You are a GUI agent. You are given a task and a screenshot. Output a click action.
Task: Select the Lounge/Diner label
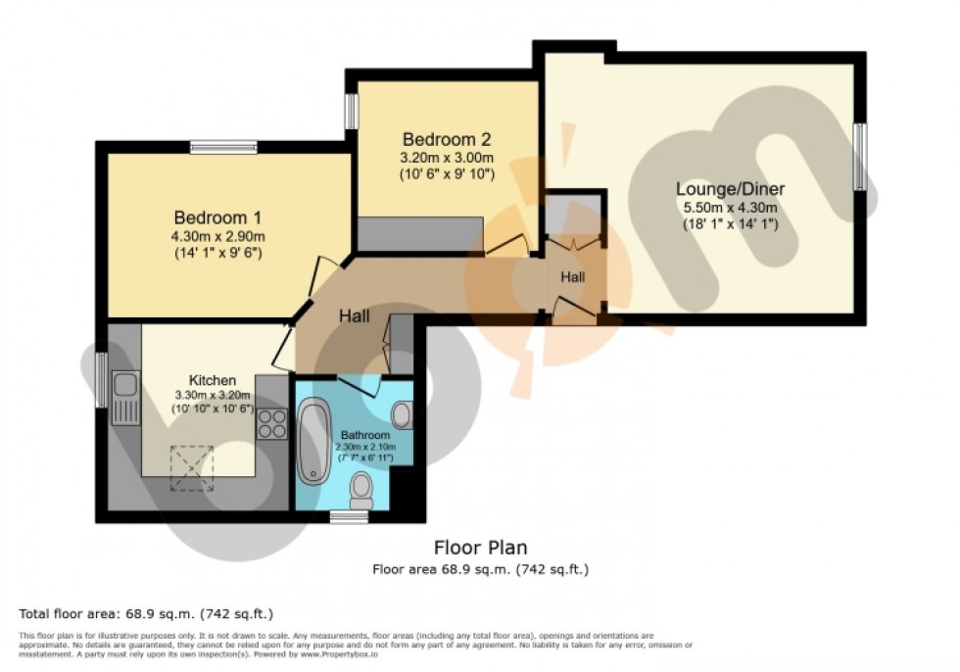[x=730, y=189]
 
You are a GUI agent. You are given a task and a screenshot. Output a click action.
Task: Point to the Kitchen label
[x=213, y=380]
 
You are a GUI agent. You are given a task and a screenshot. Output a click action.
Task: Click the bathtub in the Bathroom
[x=315, y=441]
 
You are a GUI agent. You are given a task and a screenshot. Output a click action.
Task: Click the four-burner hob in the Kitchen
[x=271, y=423]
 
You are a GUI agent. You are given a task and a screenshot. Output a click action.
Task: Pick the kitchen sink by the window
[x=124, y=397]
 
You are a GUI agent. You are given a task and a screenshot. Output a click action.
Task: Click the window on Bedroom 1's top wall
[x=223, y=148]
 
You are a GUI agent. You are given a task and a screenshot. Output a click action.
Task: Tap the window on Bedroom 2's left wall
[x=350, y=111]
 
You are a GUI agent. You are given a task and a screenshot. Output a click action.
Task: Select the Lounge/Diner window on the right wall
[x=858, y=157]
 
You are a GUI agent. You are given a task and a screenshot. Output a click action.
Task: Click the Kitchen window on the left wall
[x=102, y=380]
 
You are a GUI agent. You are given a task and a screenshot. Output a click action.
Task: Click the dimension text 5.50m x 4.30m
[x=730, y=207]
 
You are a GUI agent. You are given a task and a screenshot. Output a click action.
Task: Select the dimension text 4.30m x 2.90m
[x=219, y=235]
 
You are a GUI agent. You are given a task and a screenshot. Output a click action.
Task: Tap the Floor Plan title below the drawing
[x=480, y=549]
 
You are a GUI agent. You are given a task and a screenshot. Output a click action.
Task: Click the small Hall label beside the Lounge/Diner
[x=573, y=277]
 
